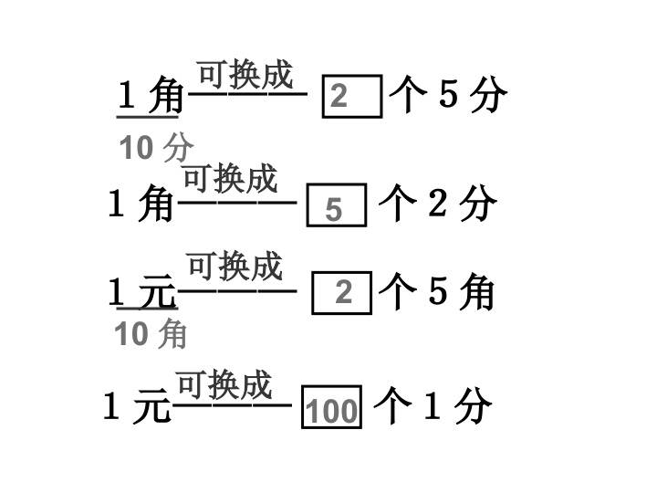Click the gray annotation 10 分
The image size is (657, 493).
click(157, 148)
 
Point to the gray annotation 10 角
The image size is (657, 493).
click(151, 334)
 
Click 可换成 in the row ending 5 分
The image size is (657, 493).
click(245, 75)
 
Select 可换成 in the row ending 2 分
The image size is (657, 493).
click(231, 179)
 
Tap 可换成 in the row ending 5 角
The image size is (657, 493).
click(235, 267)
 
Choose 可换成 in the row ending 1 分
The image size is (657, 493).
click(224, 384)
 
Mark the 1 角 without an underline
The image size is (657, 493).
click(141, 204)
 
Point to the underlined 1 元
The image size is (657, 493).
click(142, 292)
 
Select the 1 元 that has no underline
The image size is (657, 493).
click(137, 405)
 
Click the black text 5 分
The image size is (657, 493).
click(473, 94)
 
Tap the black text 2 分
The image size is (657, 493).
click(463, 204)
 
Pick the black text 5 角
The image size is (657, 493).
click(461, 291)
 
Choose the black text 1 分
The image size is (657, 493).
click(457, 405)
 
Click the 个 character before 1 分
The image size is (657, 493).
click(393, 405)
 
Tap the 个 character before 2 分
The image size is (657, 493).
click(398, 204)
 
